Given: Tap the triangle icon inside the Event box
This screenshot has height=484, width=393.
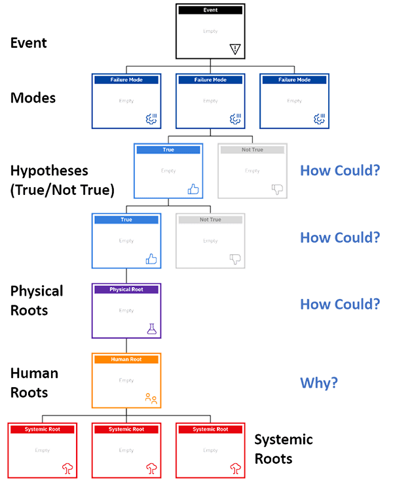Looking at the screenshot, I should (x=236, y=49).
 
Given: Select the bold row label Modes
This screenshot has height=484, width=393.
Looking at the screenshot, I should (x=33, y=98).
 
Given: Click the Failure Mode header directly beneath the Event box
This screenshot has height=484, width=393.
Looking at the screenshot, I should (x=210, y=80).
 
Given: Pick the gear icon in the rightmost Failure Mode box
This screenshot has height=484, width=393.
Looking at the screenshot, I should (x=320, y=119).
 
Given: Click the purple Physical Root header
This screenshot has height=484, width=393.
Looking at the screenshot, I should (x=126, y=289).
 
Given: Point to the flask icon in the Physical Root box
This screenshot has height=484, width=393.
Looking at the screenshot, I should (x=152, y=329).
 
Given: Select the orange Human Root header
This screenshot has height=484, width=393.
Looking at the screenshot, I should (x=126, y=359).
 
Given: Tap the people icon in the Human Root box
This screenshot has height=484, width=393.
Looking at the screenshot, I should (x=151, y=398).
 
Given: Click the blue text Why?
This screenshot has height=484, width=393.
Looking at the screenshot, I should (x=319, y=383).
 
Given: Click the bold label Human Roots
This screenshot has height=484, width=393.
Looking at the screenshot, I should (x=35, y=383).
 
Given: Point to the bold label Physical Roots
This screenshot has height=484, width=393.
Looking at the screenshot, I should (x=37, y=300).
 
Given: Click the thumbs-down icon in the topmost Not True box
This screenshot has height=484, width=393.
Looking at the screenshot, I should (x=277, y=189).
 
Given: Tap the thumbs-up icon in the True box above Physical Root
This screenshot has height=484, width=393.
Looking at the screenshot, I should (x=151, y=259).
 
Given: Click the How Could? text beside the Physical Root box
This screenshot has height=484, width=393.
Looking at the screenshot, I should (x=339, y=305).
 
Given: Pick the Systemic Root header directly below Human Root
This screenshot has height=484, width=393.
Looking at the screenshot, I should (x=126, y=429).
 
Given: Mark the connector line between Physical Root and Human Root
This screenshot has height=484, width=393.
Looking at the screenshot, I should (x=126, y=346).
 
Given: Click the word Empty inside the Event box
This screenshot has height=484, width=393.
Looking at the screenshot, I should (x=210, y=31).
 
